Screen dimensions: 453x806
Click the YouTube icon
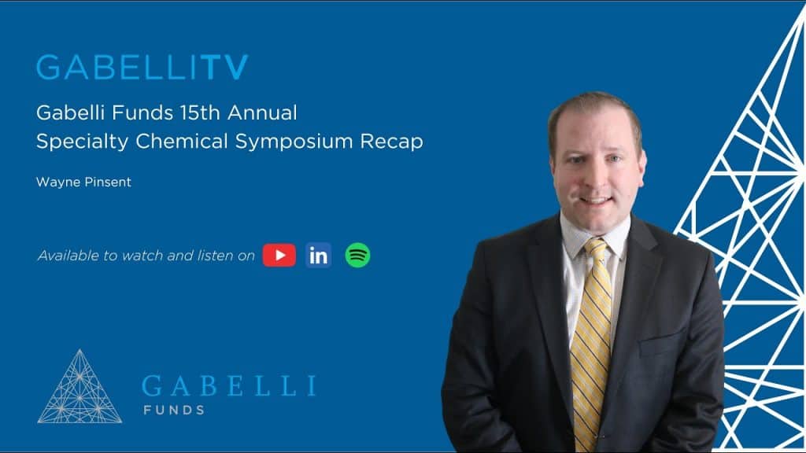pyautogui.click(x=279, y=255)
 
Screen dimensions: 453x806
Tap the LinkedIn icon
pyautogui.click(x=319, y=255)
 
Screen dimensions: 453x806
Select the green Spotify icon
pyautogui.click(x=357, y=255)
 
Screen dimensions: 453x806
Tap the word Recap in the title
pyautogui.click(x=397, y=142)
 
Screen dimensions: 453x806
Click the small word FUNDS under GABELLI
pyautogui.click(x=173, y=410)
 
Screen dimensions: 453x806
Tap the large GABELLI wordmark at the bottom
pyautogui.click(x=228, y=386)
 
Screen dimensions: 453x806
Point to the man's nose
pyautogui.click(x=596, y=171)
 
